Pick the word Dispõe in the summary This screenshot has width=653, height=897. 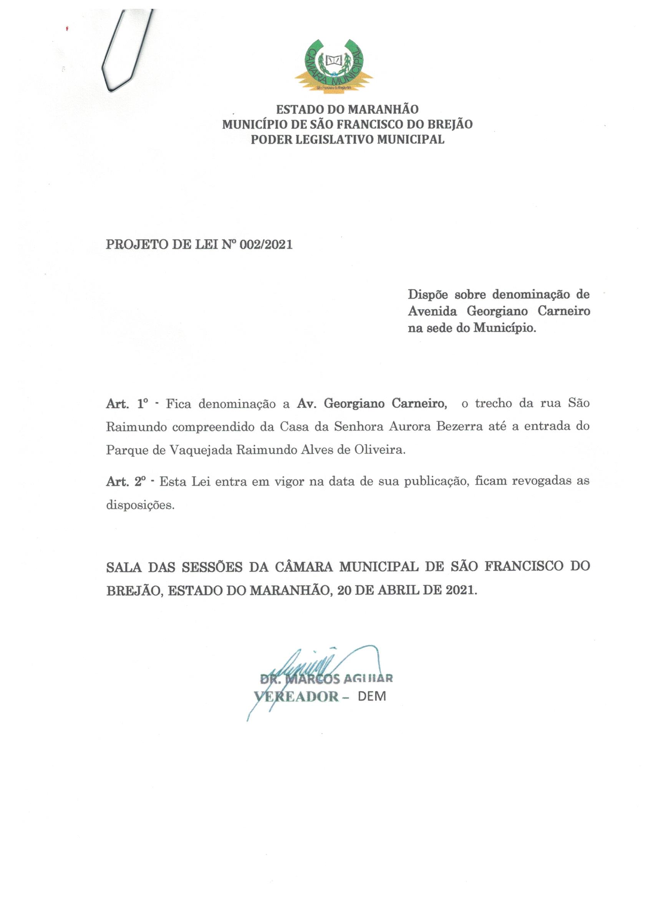[428, 295]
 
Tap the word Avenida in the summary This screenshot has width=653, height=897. [432, 311]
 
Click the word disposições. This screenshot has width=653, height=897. [140, 505]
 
